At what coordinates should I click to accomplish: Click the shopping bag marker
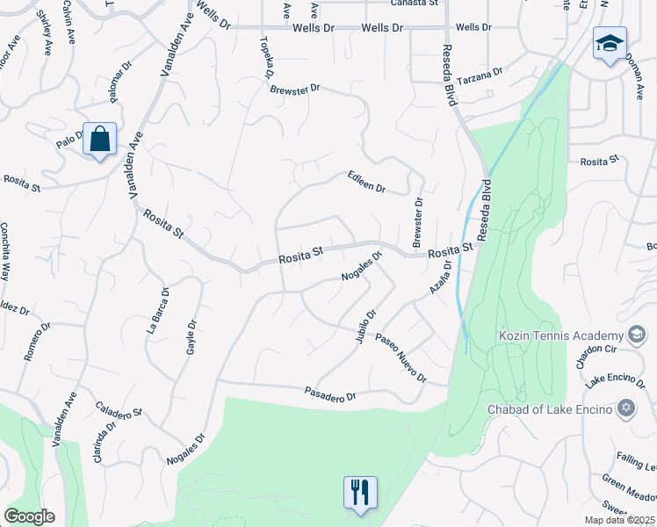pos(100,140)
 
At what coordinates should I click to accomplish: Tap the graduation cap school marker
pos(609,44)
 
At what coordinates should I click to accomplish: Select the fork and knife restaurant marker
pos(360,493)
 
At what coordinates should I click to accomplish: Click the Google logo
pos(29,516)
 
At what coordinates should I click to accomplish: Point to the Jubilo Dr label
pos(366,326)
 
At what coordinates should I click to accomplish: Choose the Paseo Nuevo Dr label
pos(401,358)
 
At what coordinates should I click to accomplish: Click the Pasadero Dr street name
pos(329,396)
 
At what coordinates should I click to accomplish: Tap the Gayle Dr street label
pos(191,336)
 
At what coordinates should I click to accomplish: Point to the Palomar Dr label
pos(116,76)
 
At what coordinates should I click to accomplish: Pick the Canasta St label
pos(415,4)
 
